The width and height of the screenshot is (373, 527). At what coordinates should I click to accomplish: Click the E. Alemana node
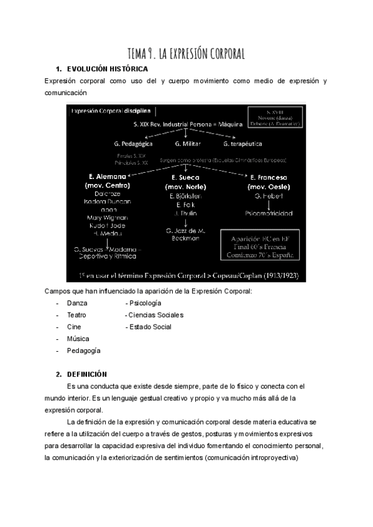[x=106, y=176]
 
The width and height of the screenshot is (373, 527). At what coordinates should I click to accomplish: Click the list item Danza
[x=77, y=303]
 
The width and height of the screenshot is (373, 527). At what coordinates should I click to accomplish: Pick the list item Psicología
[x=144, y=303]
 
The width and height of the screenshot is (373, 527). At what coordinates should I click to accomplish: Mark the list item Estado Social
[x=149, y=327]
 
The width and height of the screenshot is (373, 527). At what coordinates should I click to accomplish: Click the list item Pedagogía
[x=83, y=351]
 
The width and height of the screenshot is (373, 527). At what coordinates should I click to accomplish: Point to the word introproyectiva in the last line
[x=270, y=459]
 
